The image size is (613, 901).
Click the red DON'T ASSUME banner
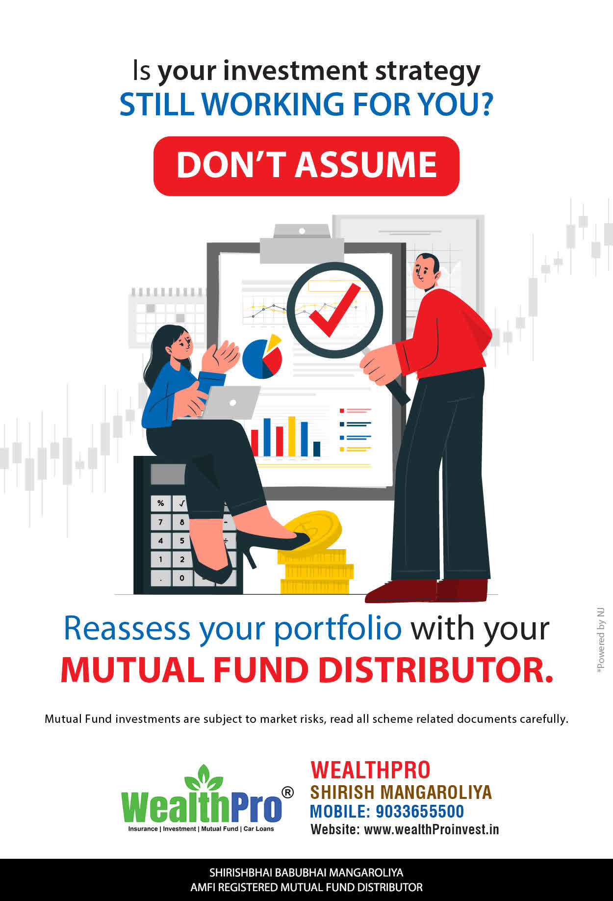tap(306, 166)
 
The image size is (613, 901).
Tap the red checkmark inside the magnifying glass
tap(333, 311)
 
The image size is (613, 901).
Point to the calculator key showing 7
tap(160, 522)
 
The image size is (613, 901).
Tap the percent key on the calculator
tap(160, 503)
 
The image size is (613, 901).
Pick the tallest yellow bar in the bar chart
tap(292, 436)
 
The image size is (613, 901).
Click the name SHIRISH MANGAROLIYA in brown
tap(401, 792)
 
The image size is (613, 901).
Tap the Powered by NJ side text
tap(600, 641)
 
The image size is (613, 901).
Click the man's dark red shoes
tap(427, 590)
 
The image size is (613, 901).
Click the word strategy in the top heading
tap(428, 72)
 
